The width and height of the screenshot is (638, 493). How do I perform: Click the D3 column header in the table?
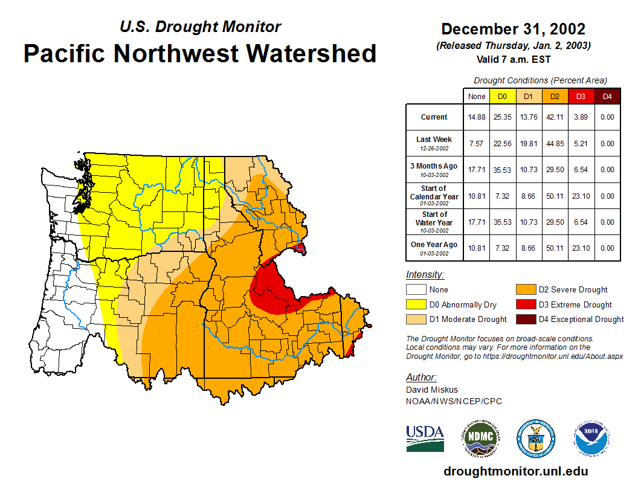pos(581,96)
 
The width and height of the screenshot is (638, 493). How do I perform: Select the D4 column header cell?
pos(607,96)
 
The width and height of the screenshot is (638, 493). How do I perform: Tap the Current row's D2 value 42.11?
pos(555,117)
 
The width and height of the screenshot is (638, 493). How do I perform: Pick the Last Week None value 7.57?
pos(477,144)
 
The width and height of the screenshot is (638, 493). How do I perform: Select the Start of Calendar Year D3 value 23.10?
pos(581,196)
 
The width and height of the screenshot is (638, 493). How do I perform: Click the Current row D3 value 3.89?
pos(581,117)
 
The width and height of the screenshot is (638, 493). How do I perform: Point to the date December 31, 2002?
pos(513,29)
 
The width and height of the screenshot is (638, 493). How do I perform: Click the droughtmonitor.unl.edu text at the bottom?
pos(515,471)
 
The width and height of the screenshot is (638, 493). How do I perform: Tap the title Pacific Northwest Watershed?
pos(200,53)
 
